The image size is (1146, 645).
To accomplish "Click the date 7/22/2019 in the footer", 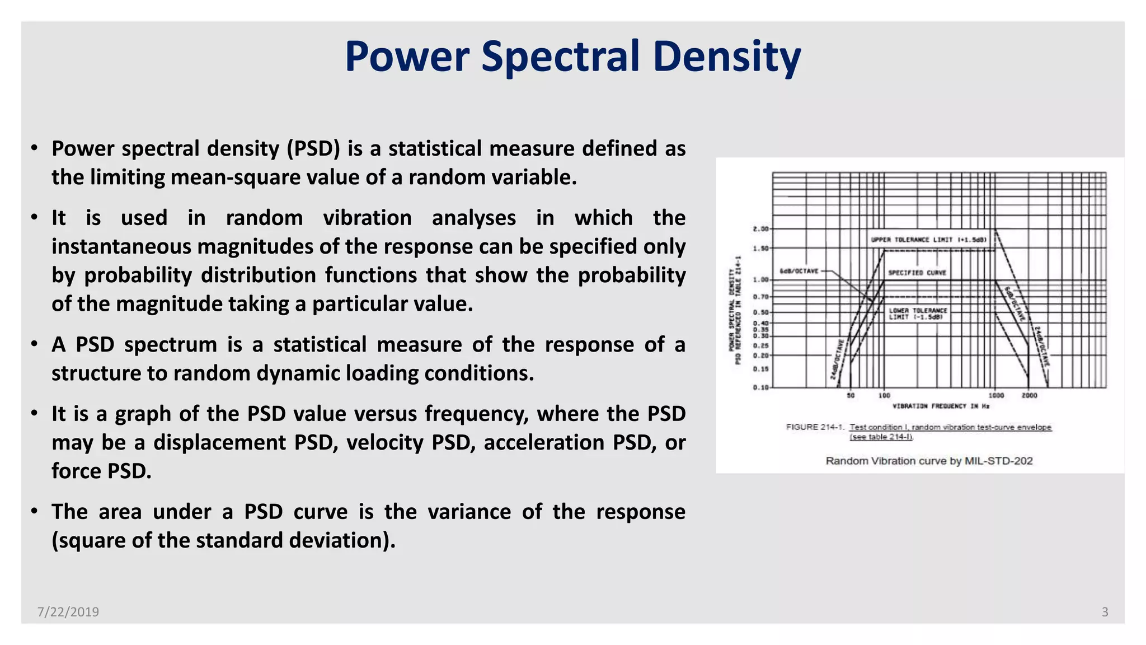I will click(x=68, y=612).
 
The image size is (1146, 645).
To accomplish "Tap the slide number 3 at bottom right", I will click(x=1105, y=612).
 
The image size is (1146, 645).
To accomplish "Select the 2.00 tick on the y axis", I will click(x=760, y=229).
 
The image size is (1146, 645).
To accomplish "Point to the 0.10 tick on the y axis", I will click(x=760, y=387).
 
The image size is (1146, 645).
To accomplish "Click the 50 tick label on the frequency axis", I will click(x=851, y=395).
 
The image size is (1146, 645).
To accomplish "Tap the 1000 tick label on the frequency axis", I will click(x=996, y=395).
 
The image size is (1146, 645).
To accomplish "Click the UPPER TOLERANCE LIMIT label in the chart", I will click(x=928, y=240).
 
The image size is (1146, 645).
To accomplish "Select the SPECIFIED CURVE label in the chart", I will click(x=917, y=273).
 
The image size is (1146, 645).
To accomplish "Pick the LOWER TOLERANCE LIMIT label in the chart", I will click(x=918, y=314).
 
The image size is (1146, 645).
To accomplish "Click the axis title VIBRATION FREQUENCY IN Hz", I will click(x=941, y=406).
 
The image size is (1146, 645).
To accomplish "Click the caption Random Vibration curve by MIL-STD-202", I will click(x=929, y=461).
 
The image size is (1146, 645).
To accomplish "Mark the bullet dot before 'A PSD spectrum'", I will click(x=35, y=343).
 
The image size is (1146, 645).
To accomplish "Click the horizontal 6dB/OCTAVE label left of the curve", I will click(x=799, y=271).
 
